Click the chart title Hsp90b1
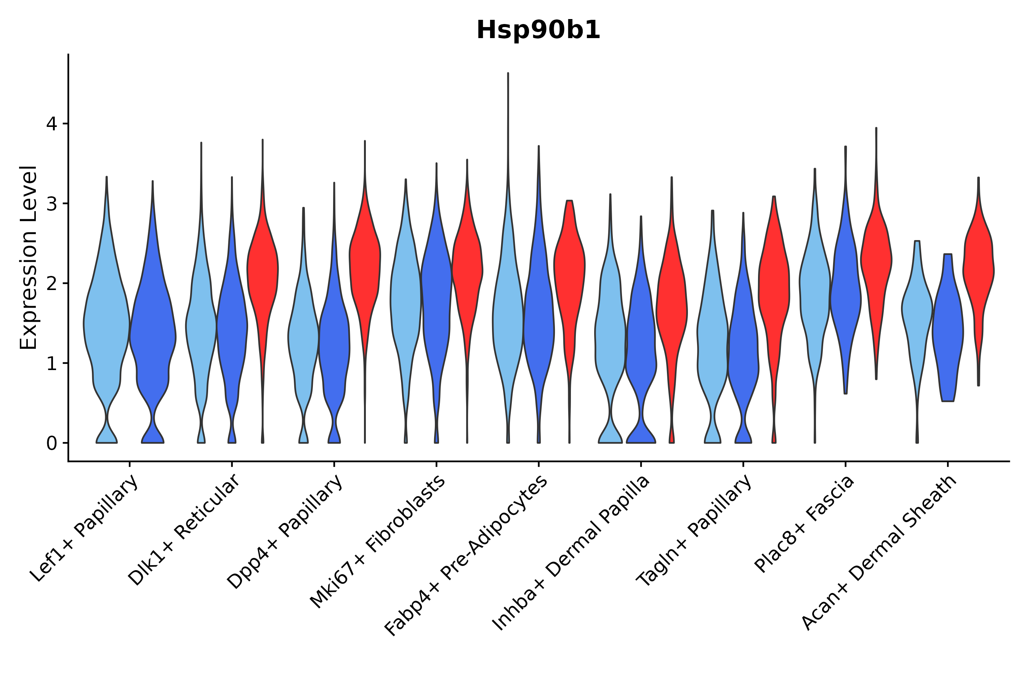tap(538, 30)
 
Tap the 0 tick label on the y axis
tap(51, 444)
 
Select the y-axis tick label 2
tap(51, 284)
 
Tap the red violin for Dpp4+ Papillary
tap(365, 263)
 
